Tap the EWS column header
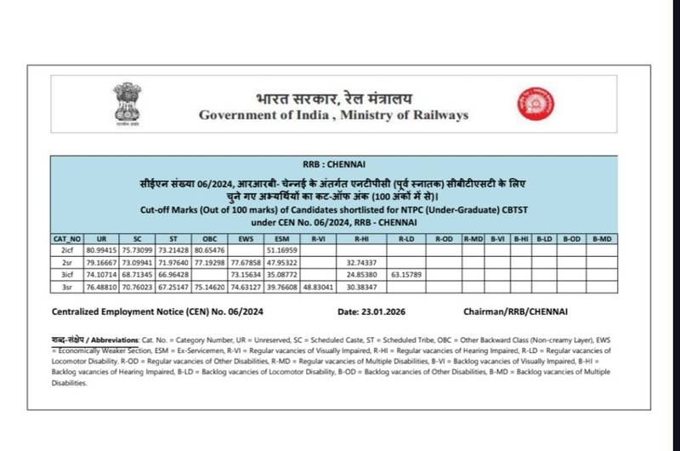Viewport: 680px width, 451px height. pos(248,239)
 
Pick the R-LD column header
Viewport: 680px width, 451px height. pos(406,239)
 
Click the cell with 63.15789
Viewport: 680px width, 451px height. pos(406,276)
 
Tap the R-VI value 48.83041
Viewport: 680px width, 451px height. pos(320,288)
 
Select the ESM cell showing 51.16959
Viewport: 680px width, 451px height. pos(284,251)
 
